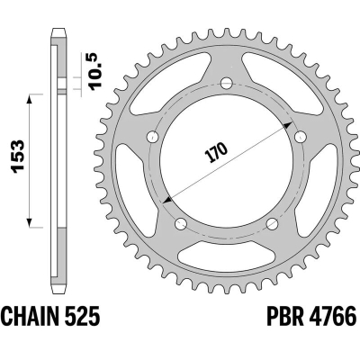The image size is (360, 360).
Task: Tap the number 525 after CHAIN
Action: [88, 318]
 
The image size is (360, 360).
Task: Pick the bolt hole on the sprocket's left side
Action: [152, 138]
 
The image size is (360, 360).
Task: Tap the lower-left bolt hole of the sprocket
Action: [180, 223]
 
